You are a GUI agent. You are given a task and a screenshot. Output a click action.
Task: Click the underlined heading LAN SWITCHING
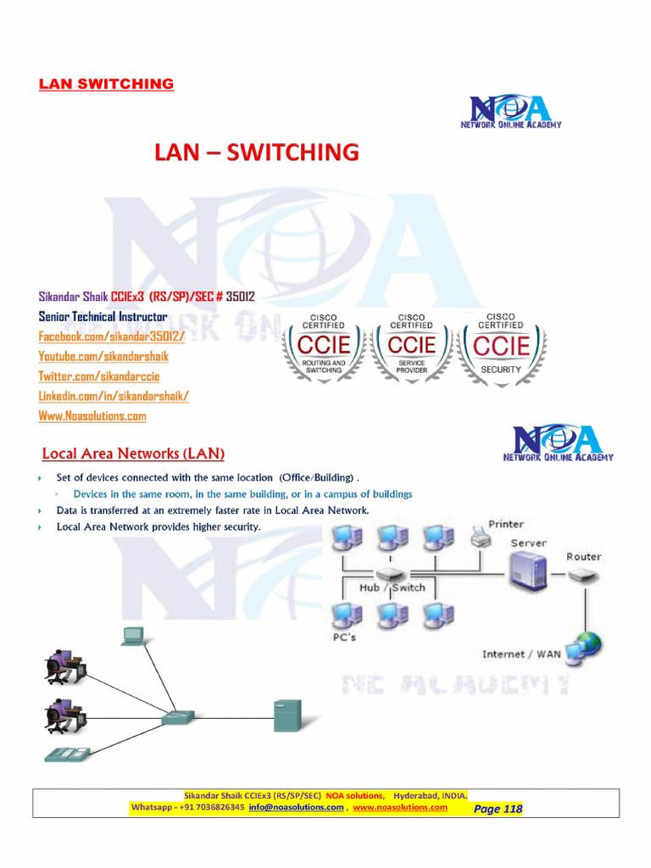pos(106,84)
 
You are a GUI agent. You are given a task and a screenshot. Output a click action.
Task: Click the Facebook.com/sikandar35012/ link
pos(111,337)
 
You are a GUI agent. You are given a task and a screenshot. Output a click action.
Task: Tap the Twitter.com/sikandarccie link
pos(98,376)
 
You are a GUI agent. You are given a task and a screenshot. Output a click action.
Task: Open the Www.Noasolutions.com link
pos(92,415)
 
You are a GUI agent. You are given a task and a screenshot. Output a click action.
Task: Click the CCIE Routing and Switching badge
pos(323,348)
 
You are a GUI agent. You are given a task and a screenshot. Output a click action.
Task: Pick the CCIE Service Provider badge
pos(411,348)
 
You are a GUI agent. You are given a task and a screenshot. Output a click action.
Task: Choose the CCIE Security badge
pos(501,348)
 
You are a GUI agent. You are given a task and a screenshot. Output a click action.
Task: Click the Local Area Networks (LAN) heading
pos(133,453)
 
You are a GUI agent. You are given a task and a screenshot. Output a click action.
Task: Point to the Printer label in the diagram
pos(506,524)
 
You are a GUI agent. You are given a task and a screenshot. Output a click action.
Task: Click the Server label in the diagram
pos(528,542)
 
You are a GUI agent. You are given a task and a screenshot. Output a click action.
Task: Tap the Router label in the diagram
pos(584,557)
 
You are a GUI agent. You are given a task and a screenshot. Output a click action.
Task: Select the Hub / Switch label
pos(392,587)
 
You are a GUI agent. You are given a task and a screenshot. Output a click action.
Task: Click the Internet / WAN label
pos(521,654)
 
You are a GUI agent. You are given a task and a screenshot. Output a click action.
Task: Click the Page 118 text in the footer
pos(498,809)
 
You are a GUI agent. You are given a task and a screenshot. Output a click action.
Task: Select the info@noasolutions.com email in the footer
pos(296,807)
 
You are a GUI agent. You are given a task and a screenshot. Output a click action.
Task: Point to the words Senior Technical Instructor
pos(103,316)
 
